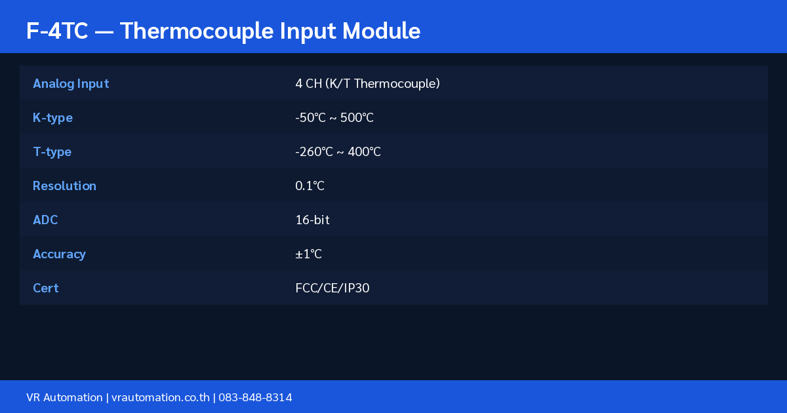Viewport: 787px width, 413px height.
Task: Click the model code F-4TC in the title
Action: tap(57, 31)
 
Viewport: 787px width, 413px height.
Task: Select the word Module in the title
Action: tap(381, 31)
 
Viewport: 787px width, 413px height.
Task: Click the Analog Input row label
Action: tap(71, 84)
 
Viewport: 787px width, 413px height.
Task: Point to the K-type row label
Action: tap(52, 118)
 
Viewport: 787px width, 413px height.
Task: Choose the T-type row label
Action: tap(52, 152)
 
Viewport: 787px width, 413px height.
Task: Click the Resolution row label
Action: tap(64, 186)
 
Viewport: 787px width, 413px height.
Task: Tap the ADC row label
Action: tap(45, 220)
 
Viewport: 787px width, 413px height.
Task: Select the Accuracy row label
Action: tap(60, 254)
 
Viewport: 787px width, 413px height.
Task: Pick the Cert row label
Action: tap(46, 288)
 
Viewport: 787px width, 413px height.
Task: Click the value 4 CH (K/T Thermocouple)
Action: tap(367, 84)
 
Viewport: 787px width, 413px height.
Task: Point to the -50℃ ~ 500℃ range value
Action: tap(334, 117)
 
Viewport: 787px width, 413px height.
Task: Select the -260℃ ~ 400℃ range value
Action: tap(338, 151)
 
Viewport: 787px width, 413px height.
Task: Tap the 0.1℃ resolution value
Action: tap(310, 186)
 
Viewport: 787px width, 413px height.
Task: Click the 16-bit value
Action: tap(312, 220)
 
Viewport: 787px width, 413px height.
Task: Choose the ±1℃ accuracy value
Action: tap(308, 254)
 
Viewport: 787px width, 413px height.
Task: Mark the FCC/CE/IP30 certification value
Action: tap(333, 288)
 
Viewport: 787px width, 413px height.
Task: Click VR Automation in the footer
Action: tap(64, 397)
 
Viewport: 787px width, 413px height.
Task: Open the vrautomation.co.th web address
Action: tap(161, 397)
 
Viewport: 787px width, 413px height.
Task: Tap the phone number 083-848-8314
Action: tap(255, 397)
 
